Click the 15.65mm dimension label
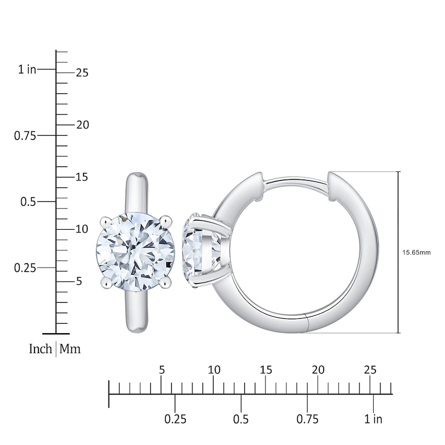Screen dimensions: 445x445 pos(417,252)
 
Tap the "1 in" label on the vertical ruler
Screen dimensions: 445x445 pos(27,70)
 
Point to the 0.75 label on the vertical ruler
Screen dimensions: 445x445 pos(25,135)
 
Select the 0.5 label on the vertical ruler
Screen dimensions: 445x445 pos(28,201)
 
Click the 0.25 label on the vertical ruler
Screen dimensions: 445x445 pos(25,268)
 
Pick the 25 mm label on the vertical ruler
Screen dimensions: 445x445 pos(82,73)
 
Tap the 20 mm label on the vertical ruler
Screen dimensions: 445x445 pos(82,125)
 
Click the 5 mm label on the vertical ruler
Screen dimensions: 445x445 pos(79,281)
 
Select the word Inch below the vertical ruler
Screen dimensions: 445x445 pos(41,349)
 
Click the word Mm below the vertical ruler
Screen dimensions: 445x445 pos(70,349)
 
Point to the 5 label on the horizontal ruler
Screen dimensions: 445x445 pos(161,370)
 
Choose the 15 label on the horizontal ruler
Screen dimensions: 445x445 pos(266,370)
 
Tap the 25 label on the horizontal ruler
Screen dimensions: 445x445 pos(370,370)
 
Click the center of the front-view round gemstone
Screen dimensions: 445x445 pos(135,251)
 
